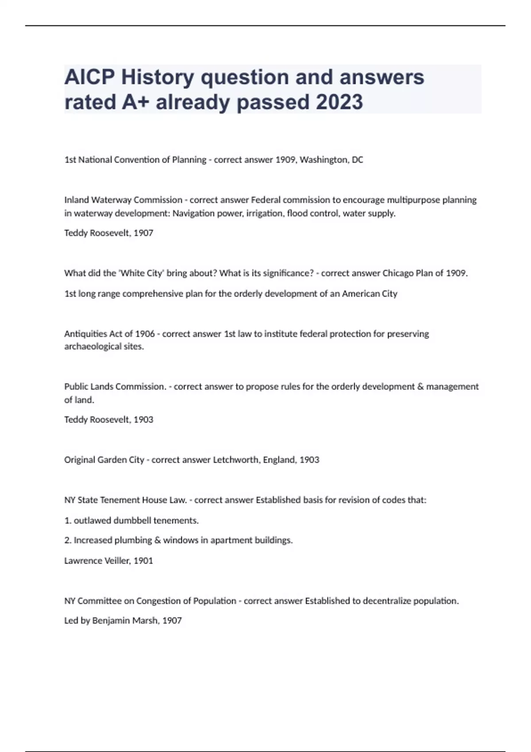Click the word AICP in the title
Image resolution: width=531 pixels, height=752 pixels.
pos(89,77)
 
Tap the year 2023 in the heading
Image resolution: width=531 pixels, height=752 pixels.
pos(339,102)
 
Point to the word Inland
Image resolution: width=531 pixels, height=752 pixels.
pos(77,200)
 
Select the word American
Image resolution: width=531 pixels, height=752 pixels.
pos(362,294)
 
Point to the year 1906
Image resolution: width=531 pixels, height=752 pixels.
pos(145,334)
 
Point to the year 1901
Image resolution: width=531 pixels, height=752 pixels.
pos(143,560)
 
